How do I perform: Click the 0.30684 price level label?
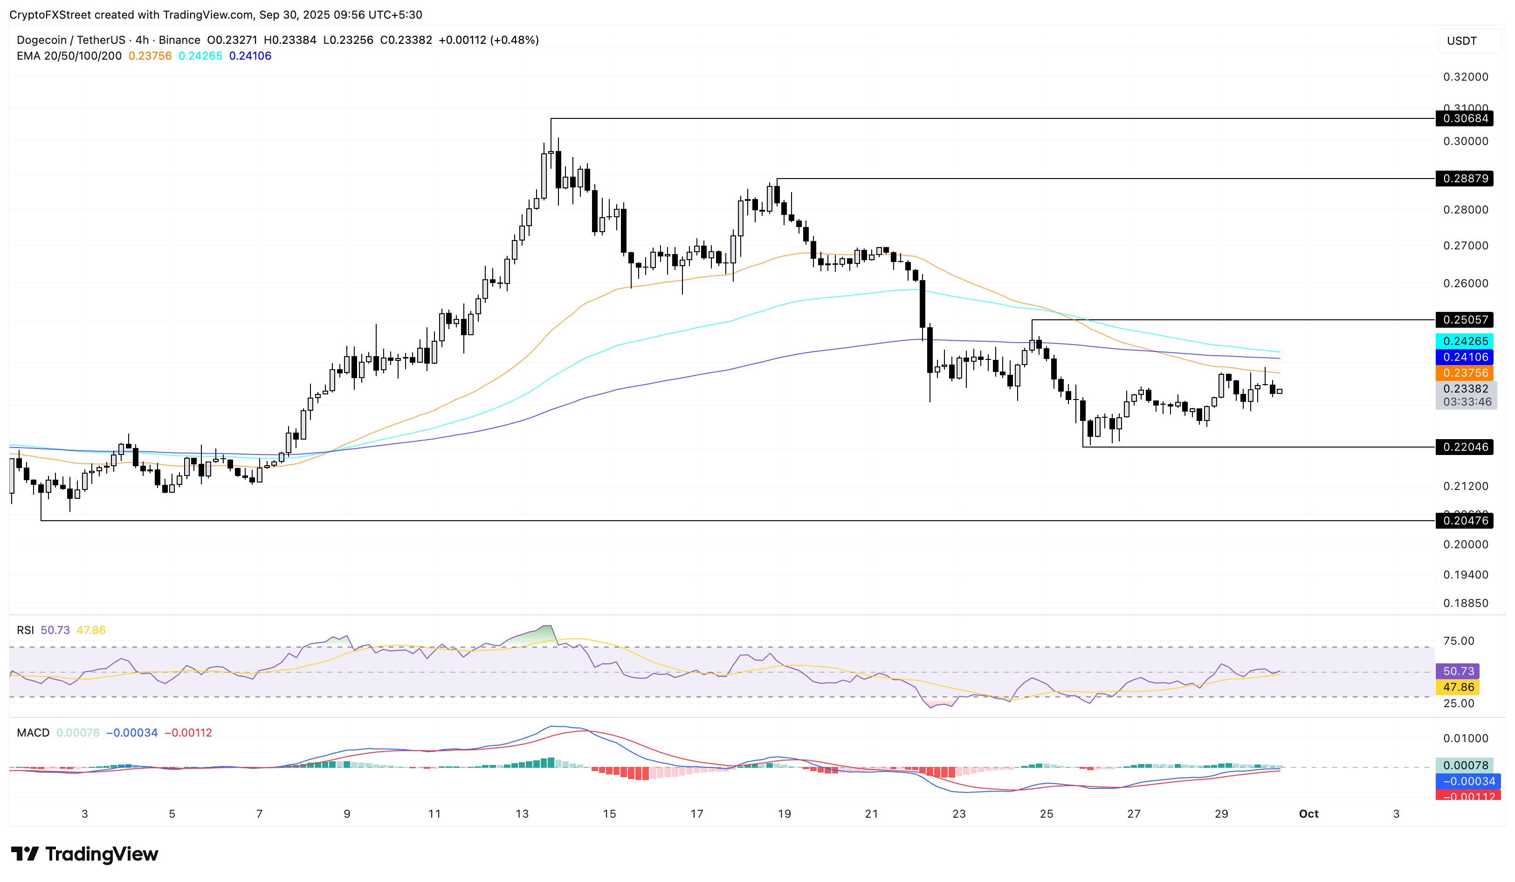[1465, 118]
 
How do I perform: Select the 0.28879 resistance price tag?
[1465, 179]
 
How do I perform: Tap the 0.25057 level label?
[1465, 320]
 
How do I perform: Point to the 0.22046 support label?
[1465, 447]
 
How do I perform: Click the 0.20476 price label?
[1465, 521]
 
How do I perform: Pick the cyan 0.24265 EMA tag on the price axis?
[1465, 341]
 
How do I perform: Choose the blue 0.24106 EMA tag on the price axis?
[1465, 357]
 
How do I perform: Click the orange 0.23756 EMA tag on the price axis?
[1465, 373]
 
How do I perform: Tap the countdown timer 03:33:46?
[1467, 402]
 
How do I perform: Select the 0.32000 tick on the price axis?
[1466, 77]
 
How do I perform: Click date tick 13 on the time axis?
[522, 814]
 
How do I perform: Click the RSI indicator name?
[25, 630]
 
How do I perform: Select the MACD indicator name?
[33, 733]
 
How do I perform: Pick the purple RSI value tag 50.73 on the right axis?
[1459, 671]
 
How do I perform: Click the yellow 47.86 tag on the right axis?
[1459, 687]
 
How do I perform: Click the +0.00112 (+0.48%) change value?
[488, 40]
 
